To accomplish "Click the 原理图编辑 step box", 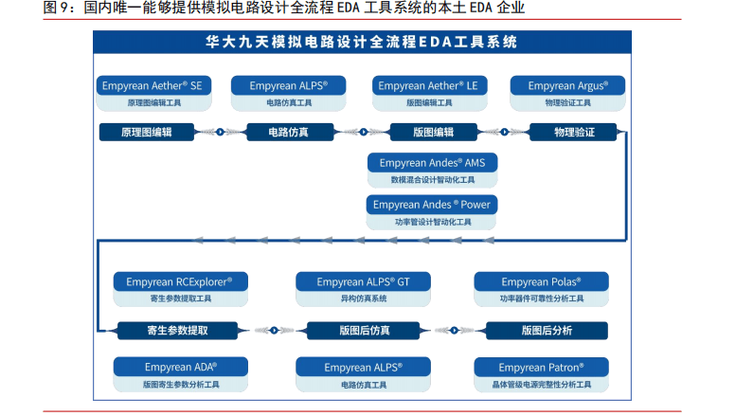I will (146, 132).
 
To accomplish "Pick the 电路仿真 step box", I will (288, 132).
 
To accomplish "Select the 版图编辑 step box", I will (434, 132).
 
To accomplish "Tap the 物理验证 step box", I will (574, 132).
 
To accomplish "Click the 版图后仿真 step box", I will (364, 330).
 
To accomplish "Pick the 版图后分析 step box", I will (547, 330).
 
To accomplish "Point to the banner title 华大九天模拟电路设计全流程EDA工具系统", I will (362, 43).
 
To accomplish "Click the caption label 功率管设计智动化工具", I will (432, 222).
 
